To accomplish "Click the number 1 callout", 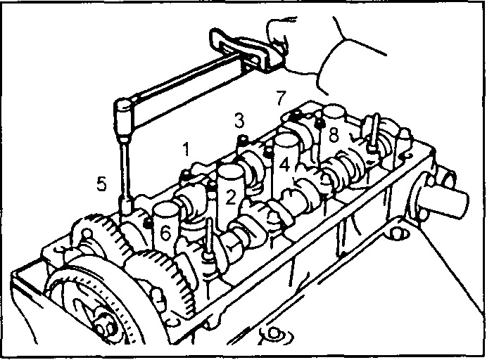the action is [x=186, y=149].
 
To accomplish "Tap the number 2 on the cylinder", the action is [x=230, y=197].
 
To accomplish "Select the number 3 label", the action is [x=239, y=121].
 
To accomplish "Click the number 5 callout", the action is [x=101, y=184].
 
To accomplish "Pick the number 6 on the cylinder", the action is [x=165, y=233].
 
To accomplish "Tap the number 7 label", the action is [x=281, y=98].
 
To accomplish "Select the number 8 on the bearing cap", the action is [x=334, y=135].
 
